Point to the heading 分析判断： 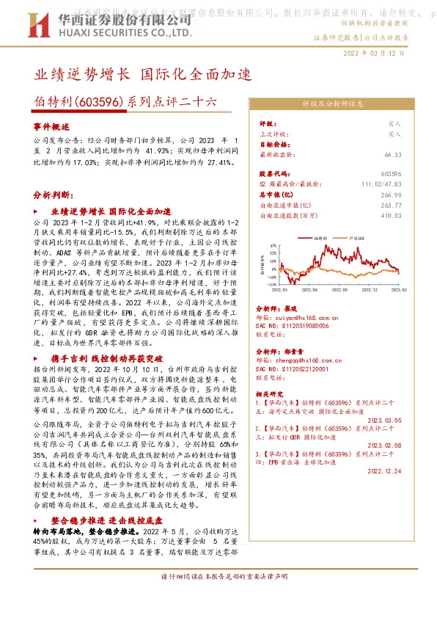tap(53, 196)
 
